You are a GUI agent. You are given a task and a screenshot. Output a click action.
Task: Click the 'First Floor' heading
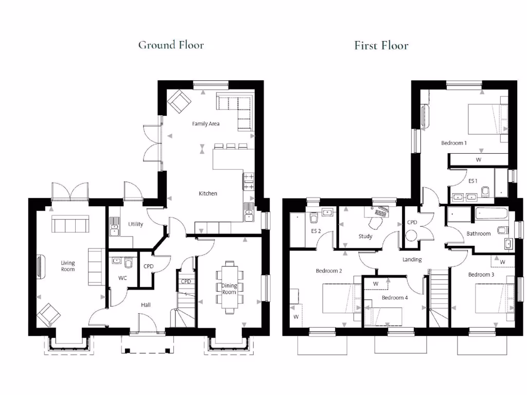[381, 46]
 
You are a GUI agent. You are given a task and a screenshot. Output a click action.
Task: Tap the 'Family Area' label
[206, 124]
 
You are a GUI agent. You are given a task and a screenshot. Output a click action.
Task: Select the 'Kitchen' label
[208, 193]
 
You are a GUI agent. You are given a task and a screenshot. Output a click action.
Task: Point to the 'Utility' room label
[136, 224]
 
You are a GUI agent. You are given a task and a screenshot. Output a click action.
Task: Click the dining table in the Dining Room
[230, 286]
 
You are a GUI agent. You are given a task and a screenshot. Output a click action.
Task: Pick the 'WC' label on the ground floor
[122, 278]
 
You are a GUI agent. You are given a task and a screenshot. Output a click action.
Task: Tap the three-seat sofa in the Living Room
[70, 224]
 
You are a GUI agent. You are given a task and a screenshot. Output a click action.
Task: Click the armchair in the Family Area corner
[178, 101]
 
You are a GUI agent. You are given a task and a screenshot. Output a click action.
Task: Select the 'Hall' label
[146, 305]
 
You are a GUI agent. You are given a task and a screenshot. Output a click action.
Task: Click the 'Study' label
[365, 237]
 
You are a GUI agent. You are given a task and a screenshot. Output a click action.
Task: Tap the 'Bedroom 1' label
[454, 143]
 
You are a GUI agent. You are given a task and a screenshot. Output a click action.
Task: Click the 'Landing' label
[412, 260]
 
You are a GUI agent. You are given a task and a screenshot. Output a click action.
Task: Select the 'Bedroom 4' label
[395, 297]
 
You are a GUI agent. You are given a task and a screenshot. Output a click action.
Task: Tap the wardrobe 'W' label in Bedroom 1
[478, 160]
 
